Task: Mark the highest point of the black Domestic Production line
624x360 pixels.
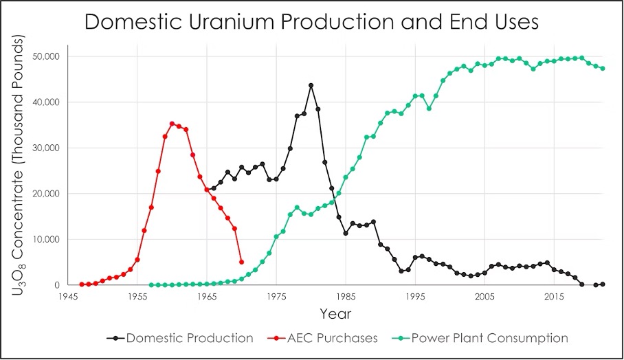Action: pos(311,85)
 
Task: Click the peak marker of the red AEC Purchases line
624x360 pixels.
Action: pos(172,124)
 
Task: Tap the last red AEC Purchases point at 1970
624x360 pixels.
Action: pos(241,262)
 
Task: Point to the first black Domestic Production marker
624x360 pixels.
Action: pos(207,190)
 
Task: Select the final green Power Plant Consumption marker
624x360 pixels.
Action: pos(603,68)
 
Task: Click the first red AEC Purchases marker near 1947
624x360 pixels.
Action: pos(82,284)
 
